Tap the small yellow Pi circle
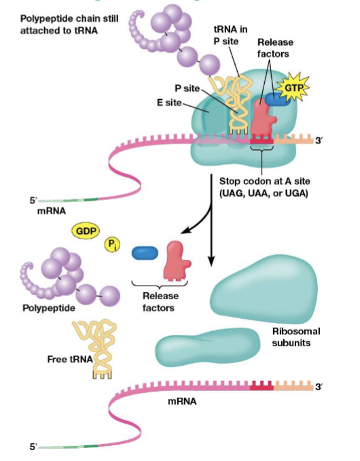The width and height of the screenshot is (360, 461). tap(111, 245)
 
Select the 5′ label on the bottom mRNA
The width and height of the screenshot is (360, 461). tap(29, 447)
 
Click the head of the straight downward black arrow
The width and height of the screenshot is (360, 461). tap(212, 262)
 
